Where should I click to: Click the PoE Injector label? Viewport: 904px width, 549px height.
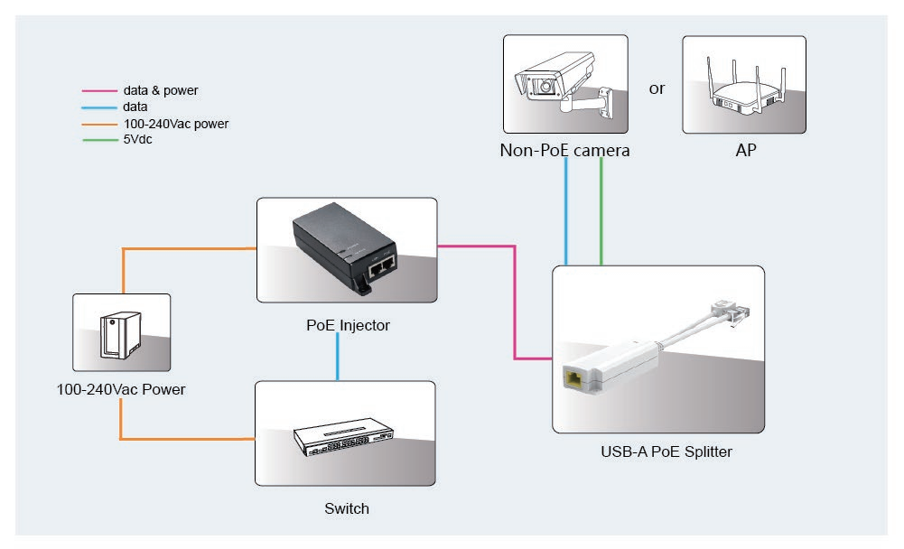click(348, 325)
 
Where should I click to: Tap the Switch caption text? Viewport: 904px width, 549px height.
click(347, 508)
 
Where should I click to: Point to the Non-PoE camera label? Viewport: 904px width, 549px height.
click(564, 151)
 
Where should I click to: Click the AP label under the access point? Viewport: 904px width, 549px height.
click(745, 151)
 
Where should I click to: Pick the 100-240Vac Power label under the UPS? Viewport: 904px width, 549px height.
click(120, 390)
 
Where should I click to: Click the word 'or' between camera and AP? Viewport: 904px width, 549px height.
click(657, 88)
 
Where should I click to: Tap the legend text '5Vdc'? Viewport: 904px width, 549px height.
click(137, 140)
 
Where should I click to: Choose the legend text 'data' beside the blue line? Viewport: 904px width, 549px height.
click(135, 107)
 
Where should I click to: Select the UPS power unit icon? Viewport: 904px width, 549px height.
click(119, 333)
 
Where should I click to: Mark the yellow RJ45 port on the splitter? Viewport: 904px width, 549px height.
click(573, 378)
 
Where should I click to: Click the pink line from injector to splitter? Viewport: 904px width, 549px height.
click(515, 298)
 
